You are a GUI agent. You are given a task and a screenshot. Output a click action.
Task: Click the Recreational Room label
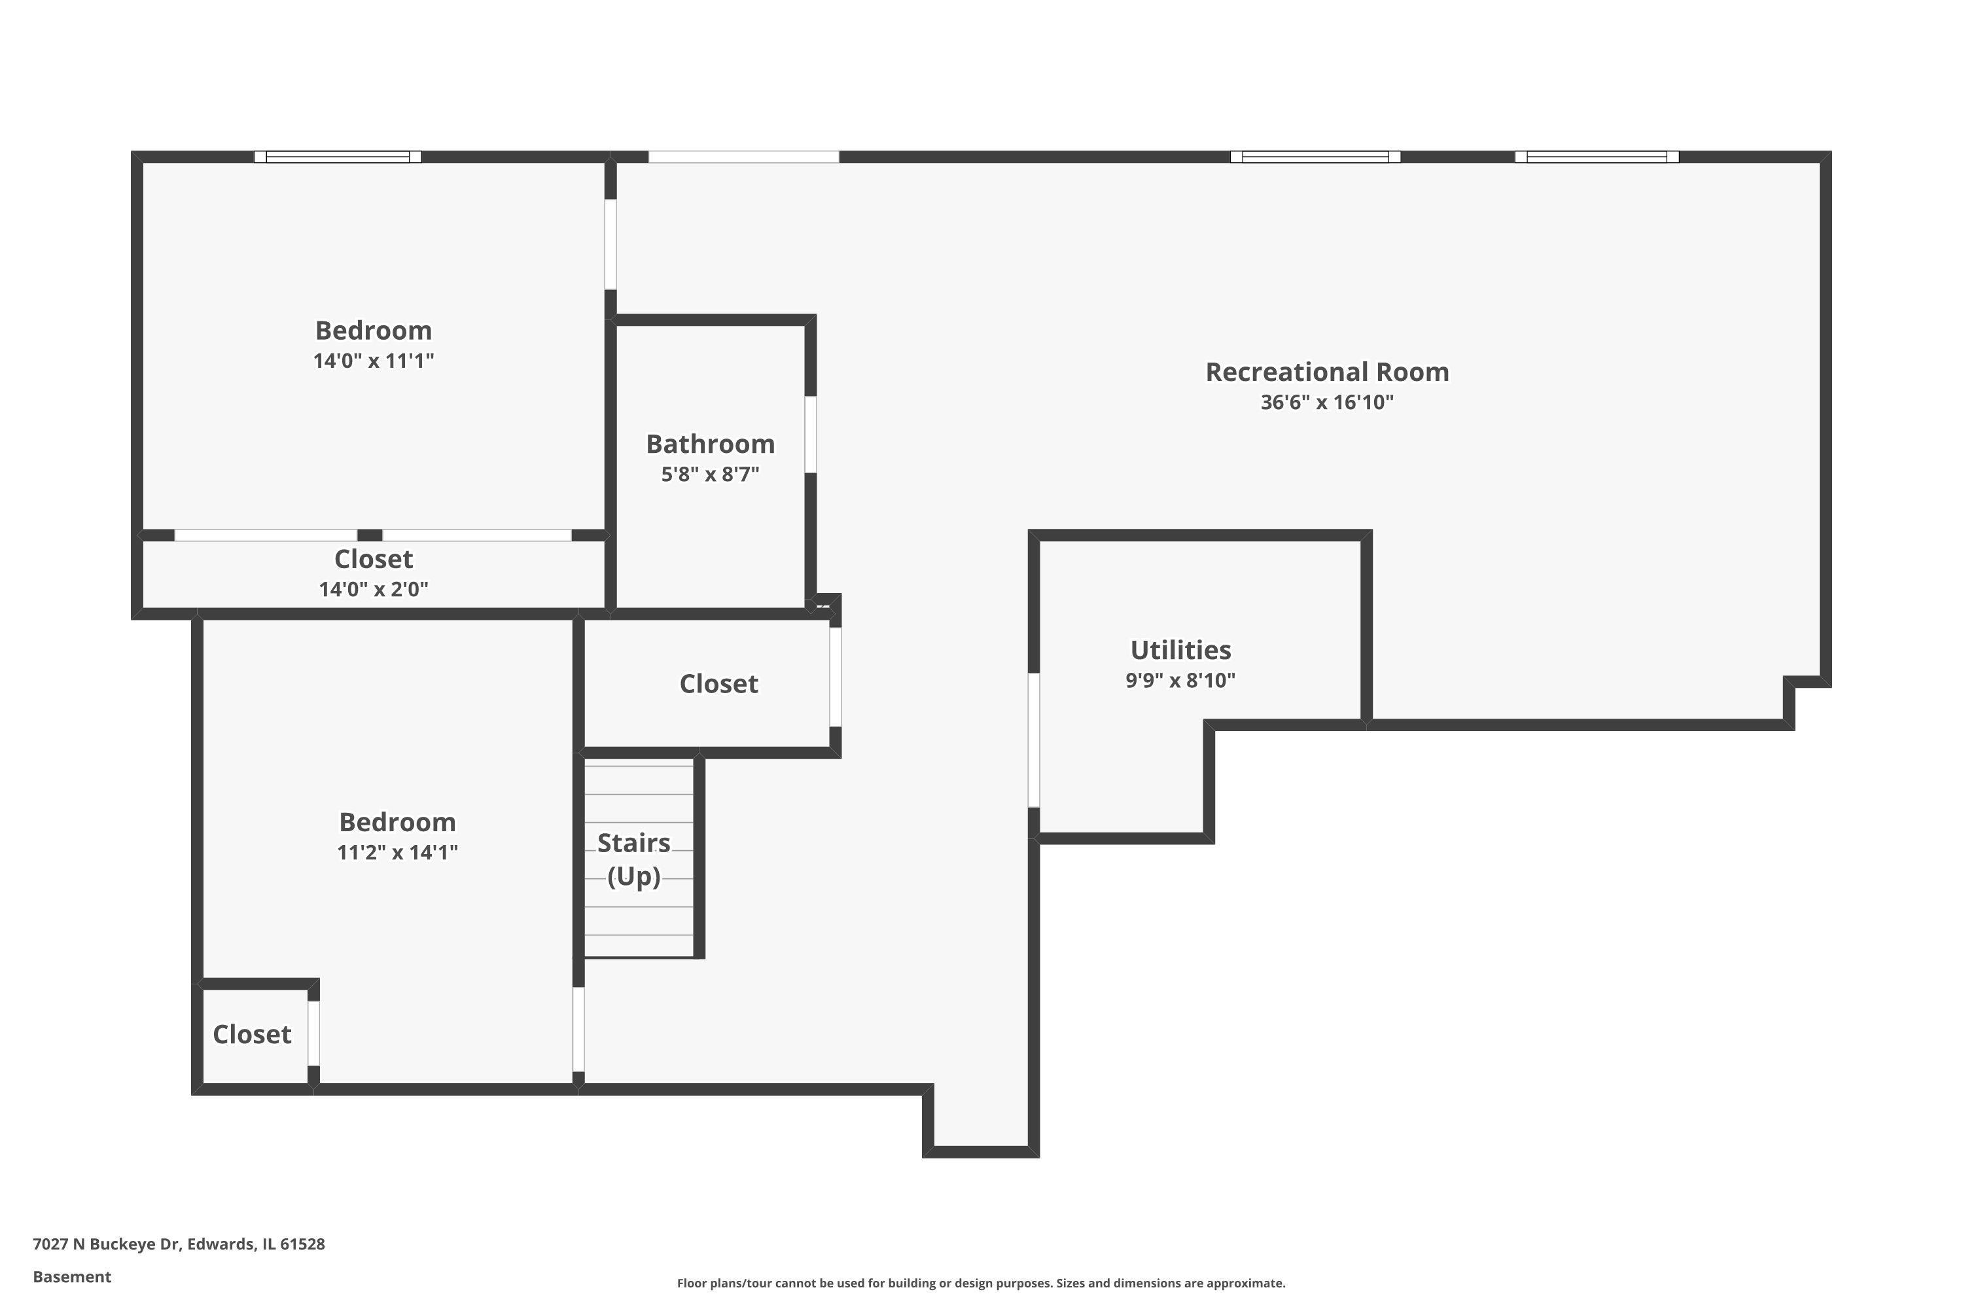coord(1326,372)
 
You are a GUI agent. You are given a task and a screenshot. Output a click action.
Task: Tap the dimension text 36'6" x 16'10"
coord(1326,403)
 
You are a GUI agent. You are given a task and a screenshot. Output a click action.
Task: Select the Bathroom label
coord(710,444)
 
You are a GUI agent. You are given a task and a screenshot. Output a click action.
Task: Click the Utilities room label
coord(1180,651)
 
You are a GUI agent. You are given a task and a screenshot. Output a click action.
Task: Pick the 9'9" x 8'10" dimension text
coord(1180,681)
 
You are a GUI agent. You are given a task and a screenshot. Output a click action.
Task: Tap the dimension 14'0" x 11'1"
coord(373,361)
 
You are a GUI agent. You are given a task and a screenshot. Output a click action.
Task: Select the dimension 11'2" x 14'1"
coord(397,852)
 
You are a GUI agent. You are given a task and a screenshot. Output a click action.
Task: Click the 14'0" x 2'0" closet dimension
coord(373,590)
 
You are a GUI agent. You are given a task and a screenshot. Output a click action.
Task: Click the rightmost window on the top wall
coord(1597,157)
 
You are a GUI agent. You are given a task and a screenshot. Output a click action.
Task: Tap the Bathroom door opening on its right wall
coord(811,434)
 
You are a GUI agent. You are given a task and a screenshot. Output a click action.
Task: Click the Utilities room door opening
coord(1033,740)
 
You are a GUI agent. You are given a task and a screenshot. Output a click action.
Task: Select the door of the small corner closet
coord(314,1033)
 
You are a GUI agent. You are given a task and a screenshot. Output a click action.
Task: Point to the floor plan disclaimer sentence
coord(981,1283)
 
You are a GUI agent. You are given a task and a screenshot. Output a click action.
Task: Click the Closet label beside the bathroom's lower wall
coord(718,685)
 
